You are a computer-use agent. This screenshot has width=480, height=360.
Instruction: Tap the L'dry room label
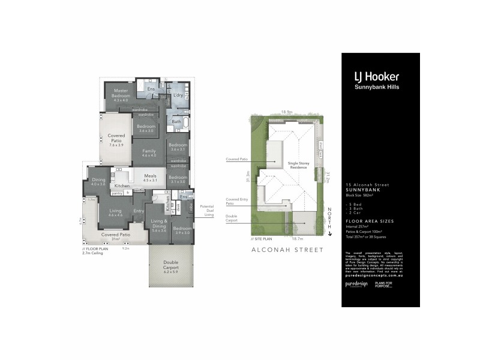[178, 95]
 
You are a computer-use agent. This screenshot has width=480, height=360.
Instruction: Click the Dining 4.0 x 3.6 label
[98, 182]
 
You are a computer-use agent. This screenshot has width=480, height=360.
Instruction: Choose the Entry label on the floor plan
[139, 211]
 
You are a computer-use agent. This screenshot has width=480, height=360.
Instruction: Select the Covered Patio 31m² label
[115, 236]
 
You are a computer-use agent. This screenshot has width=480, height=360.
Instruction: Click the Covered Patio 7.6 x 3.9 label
[116, 139]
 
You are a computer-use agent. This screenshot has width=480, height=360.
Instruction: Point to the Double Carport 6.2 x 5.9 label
[171, 265]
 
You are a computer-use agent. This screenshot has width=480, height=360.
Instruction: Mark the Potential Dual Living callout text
[207, 210]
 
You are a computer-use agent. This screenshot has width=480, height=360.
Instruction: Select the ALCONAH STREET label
[287, 250]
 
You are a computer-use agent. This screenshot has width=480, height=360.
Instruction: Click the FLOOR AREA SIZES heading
[370, 221]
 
